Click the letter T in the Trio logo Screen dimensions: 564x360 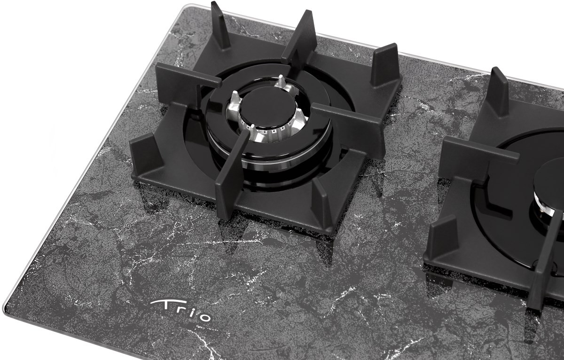click(x=163, y=305)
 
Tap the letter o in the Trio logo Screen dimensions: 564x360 click(x=204, y=317)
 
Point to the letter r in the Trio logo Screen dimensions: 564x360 click(x=182, y=312)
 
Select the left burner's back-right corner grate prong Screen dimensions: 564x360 click(x=385, y=65)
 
